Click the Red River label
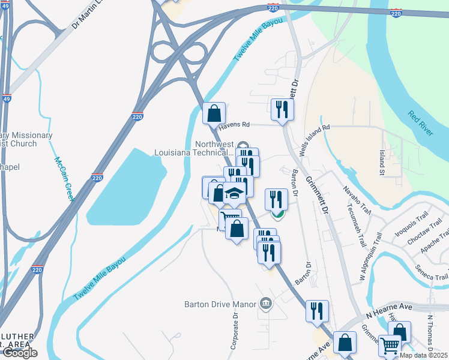[x=420, y=123]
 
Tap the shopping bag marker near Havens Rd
[x=214, y=113]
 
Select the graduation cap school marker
[x=235, y=194]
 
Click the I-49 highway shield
[x=5, y=98]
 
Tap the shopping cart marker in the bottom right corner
[x=390, y=346]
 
